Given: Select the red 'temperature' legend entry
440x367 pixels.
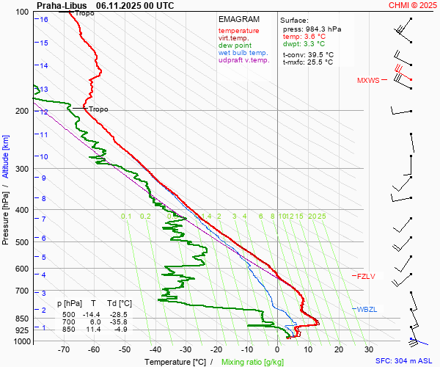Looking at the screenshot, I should tap(238, 31).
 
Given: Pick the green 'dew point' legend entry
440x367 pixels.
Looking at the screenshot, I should tap(235, 46).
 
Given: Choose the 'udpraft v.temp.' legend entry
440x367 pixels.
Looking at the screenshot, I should tap(244, 60).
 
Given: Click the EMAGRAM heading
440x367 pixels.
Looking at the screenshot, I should tap(238, 19).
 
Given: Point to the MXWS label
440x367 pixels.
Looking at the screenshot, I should tap(368, 80).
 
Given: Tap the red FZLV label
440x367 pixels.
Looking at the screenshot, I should tap(365, 277).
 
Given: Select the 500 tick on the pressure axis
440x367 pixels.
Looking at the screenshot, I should tap(22, 242).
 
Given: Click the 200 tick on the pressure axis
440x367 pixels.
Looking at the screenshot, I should tap(22, 111).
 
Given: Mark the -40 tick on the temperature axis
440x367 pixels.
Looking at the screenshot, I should tap(155, 350).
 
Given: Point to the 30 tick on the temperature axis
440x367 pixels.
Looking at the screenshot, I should tap(369, 350).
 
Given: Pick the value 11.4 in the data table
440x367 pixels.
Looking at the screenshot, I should tap(94, 330).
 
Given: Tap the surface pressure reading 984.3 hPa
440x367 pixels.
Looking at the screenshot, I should tap(323, 29).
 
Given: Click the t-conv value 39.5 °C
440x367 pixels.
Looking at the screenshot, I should tap(319, 54).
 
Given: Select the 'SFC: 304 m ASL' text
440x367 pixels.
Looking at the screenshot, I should tap(404, 361).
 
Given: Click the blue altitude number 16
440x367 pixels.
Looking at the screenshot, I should tap(44, 20).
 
